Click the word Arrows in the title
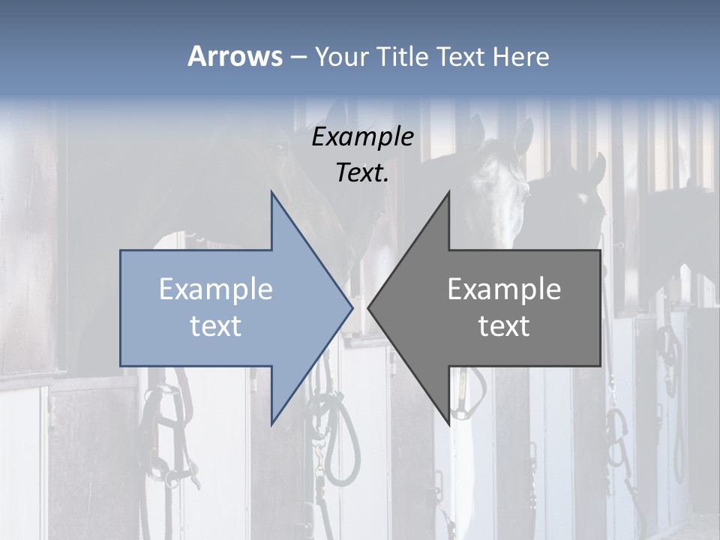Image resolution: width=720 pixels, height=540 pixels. point(235,56)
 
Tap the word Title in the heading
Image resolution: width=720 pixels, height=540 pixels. point(403,56)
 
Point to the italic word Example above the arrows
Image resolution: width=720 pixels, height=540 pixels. point(363,137)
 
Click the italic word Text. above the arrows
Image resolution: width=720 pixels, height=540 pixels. point(363,172)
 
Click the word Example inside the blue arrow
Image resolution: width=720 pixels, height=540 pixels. point(216,289)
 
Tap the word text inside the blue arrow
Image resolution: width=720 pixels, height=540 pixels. point(216,326)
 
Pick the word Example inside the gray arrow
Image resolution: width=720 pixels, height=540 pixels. point(504,289)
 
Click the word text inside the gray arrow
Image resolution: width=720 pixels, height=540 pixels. point(504,326)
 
